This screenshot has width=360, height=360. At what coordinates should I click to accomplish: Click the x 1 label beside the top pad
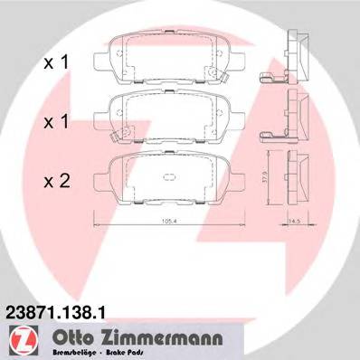coord(56,63)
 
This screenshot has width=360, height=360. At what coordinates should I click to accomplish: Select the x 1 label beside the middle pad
coord(56,119)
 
